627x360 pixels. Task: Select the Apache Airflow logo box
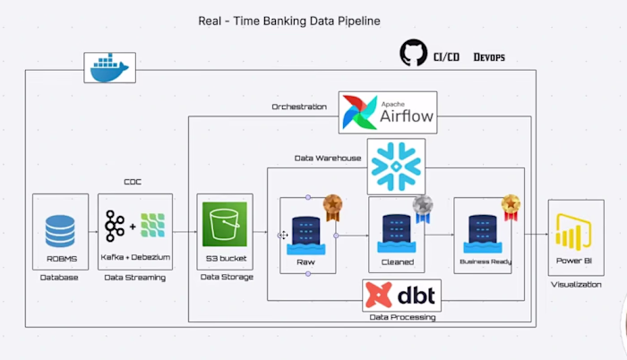click(x=388, y=112)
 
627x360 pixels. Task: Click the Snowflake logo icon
click(x=396, y=166)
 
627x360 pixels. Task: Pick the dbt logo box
click(x=402, y=295)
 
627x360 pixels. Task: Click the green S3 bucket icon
click(x=225, y=225)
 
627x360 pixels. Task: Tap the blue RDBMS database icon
click(x=60, y=230)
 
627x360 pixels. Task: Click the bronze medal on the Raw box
click(x=333, y=208)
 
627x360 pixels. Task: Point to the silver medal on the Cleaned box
click(x=423, y=208)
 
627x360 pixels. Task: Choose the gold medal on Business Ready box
click(x=511, y=208)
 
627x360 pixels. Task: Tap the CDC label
click(x=133, y=182)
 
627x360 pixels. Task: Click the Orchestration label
click(x=300, y=107)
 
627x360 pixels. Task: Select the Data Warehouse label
click(x=328, y=158)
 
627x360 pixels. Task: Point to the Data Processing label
click(x=402, y=317)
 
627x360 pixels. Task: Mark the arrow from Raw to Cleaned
click(x=352, y=236)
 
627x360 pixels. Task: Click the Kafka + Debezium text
click(x=134, y=257)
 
